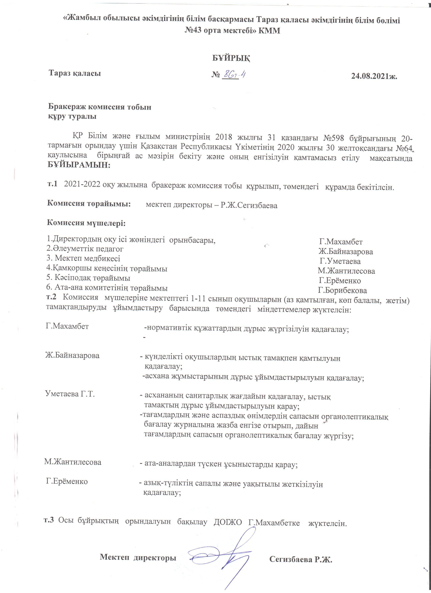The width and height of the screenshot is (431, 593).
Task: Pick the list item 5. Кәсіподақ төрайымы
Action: pos(88,278)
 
